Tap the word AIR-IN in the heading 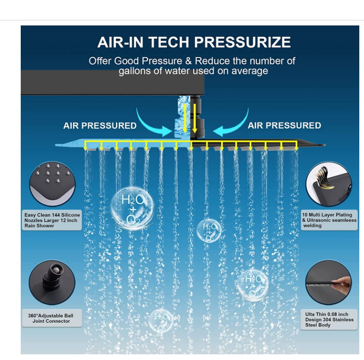pos(121,42)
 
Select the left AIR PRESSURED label pos(100,126)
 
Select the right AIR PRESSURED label pos(284,126)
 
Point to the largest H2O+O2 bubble pos(132,208)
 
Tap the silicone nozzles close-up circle pos(52,184)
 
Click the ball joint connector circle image pos(51,283)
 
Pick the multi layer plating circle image pos(329,184)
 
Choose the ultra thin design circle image pos(328,283)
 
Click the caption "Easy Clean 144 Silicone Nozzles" pos(52,220)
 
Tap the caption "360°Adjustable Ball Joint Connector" pos(51,318)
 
